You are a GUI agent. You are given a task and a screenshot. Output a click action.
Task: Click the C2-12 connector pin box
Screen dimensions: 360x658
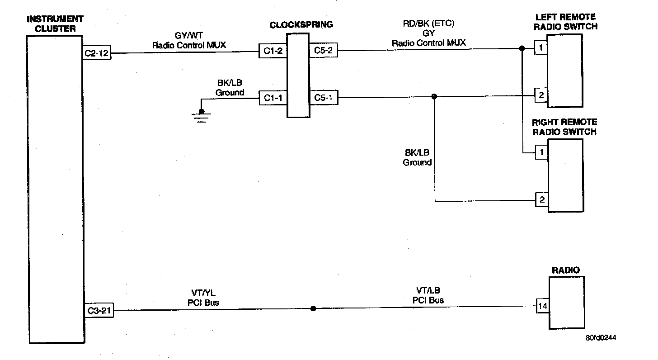point(97,53)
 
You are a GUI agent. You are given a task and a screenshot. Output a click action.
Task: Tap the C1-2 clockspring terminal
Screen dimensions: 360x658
point(273,51)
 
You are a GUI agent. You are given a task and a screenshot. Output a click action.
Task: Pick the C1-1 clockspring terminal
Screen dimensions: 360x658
point(273,98)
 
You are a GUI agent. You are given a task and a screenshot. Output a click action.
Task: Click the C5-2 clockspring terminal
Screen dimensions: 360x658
point(323,51)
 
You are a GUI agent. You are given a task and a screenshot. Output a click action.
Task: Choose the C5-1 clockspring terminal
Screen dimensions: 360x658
point(323,98)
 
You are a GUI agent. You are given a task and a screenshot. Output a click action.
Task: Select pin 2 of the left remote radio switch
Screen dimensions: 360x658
point(541,95)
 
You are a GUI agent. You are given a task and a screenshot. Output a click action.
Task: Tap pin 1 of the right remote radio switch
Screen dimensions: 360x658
point(541,153)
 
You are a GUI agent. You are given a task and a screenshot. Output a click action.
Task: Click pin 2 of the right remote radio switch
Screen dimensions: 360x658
point(541,199)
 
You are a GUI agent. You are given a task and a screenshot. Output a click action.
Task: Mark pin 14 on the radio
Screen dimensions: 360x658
point(543,306)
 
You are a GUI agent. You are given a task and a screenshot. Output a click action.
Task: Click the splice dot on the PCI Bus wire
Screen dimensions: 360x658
point(313,308)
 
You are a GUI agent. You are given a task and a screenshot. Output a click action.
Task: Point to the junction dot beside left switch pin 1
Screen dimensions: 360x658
point(522,48)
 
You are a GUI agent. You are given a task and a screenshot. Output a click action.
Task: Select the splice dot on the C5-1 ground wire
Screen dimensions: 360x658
point(434,96)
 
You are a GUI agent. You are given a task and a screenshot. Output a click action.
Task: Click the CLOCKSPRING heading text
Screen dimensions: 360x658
point(301,25)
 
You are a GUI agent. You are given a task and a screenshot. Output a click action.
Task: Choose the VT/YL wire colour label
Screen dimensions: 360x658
point(203,293)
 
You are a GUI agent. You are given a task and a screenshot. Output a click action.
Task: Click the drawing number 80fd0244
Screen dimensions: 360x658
point(601,338)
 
